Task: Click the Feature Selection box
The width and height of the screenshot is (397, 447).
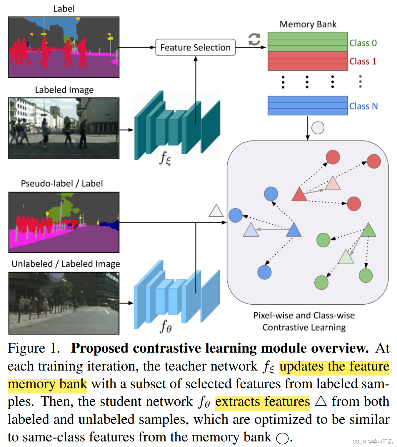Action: pos(195,47)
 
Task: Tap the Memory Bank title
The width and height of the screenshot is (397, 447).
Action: pos(308,24)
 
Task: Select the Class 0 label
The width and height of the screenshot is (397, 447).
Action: pos(363,43)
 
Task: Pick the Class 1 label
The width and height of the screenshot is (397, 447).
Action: pos(363,61)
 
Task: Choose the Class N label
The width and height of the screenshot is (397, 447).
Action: pos(363,106)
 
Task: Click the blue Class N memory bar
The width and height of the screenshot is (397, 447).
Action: pos(308,106)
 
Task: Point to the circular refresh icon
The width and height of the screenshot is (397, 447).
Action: pos(254,39)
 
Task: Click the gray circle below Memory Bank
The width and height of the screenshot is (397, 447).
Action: pos(318,128)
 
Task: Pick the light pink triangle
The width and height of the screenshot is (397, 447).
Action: pos(333,184)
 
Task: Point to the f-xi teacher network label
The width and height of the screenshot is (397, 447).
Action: pos(165,158)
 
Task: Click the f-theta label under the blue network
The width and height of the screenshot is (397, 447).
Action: pos(166,326)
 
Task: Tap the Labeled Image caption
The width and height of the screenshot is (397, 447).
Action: pos(64,90)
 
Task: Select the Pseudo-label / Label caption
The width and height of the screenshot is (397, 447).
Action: pos(62,184)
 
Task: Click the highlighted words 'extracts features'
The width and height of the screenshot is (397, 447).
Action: pos(262,402)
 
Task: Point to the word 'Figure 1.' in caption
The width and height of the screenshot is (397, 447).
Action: pos(34,348)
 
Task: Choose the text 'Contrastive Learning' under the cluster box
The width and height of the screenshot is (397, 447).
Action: pos(304,327)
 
